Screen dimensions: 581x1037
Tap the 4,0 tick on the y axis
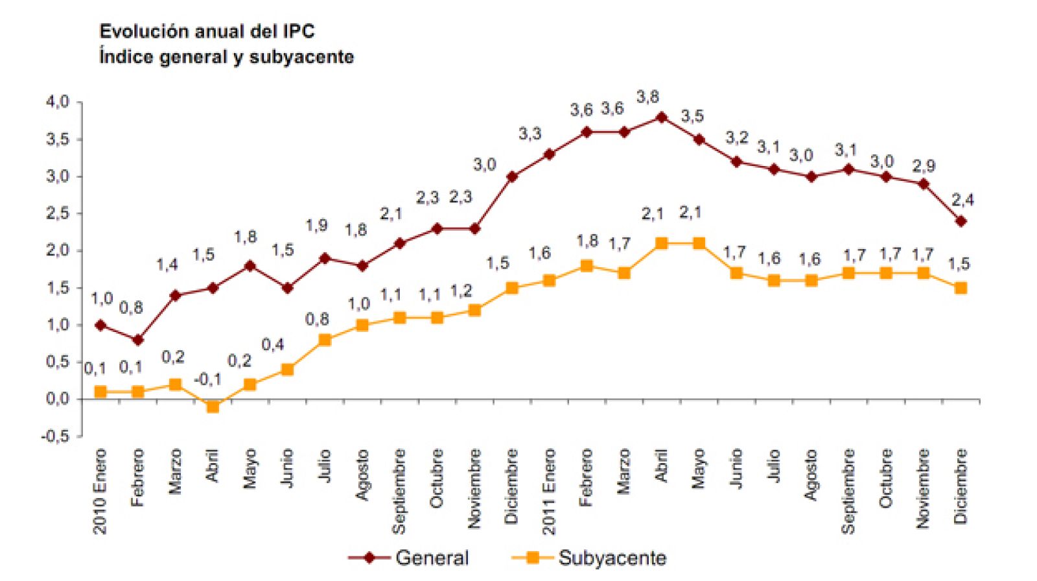tap(57, 102)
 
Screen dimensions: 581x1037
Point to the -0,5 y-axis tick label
tap(55, 436)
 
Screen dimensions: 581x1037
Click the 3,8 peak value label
tap(647, 97)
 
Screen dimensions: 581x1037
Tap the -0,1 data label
tap(207, 379)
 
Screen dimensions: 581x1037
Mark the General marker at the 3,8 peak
tap(661, 117)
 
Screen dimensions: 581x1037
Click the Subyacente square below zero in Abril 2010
tap(213, 407)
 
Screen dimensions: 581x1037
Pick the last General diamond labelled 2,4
tap(961, 221)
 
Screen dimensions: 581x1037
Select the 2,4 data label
tap(962, 200)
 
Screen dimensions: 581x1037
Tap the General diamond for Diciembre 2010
tap(511, 176)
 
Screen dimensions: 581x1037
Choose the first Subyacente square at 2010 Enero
tap(100, 392)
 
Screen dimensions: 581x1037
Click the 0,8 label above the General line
tap(131, 307)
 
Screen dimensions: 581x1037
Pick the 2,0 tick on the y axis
tap(57, 250)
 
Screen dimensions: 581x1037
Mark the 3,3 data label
tap(530, 134)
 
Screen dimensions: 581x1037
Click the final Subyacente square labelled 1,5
tap(961, 288)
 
